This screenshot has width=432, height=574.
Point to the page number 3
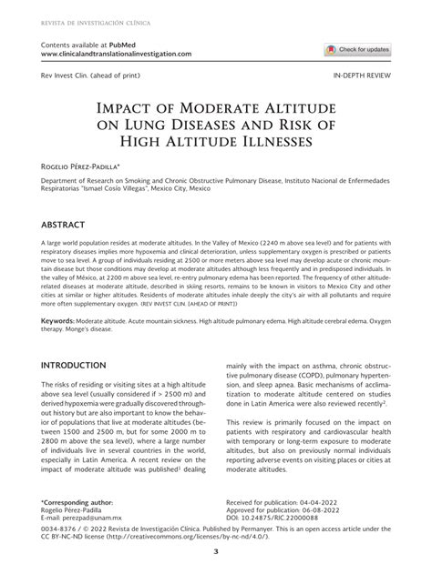[216, 551]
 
